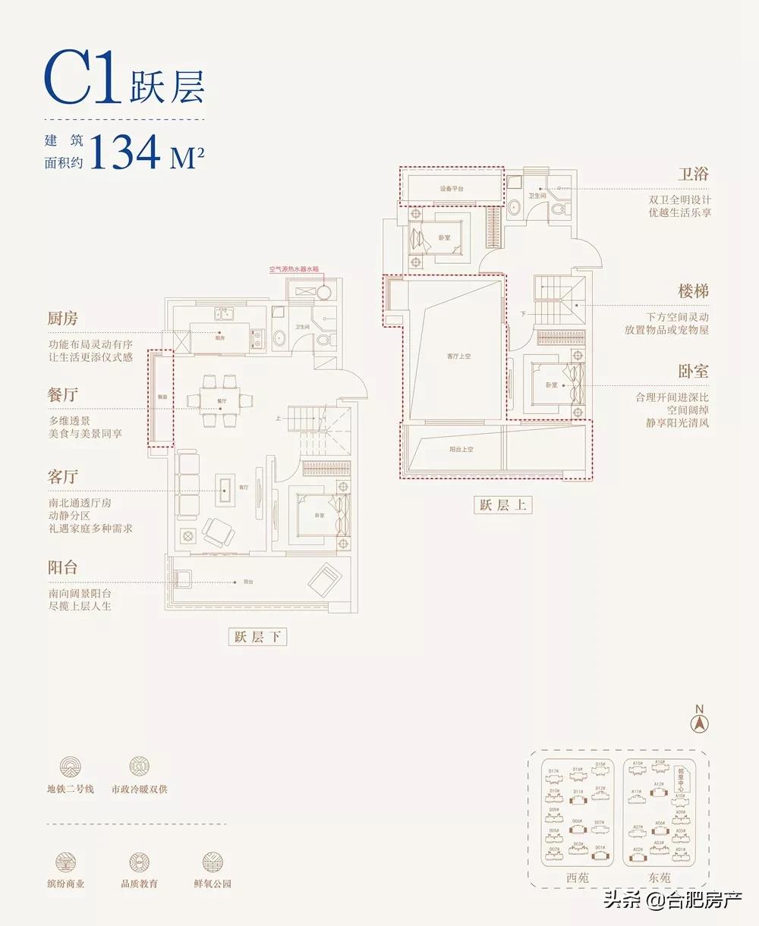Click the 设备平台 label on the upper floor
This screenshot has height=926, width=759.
point(451,188)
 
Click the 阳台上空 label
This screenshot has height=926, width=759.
point(461,449)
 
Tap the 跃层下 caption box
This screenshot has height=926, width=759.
point(258,637)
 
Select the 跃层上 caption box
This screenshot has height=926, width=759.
point(502,505)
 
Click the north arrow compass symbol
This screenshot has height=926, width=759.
point(699,721)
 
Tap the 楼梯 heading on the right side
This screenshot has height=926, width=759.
point(693,291)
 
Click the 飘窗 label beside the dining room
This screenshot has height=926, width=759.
point(162,396)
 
